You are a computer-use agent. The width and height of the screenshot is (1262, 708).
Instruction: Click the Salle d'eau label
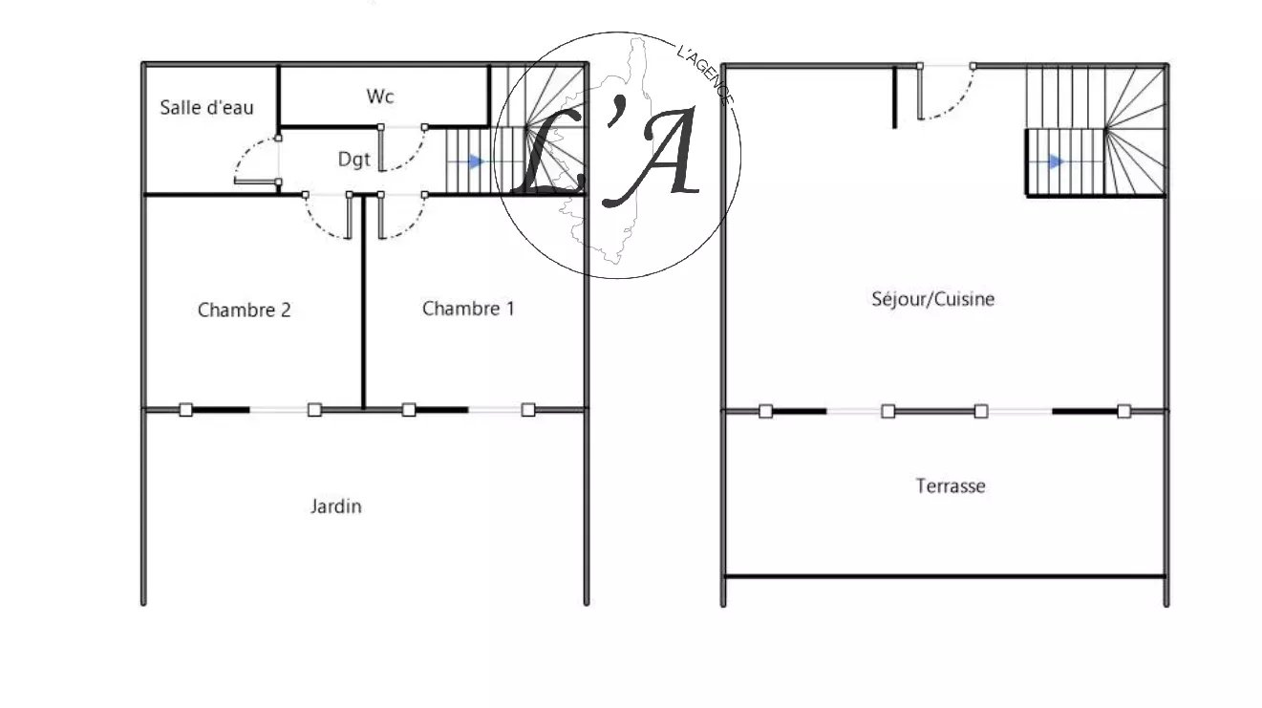pyautogui.click(x=206, y=107)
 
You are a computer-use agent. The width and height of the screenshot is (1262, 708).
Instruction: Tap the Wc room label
pyautogui.click(x=380, y=97)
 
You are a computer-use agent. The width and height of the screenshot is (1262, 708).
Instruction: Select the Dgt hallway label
pyautogui.click(x=353, y=160)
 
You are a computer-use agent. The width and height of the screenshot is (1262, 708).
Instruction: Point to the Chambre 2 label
pyautogui.click(x=244, y=310)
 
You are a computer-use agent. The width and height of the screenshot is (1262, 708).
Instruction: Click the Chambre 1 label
pyautogui.click(x=468, y=308)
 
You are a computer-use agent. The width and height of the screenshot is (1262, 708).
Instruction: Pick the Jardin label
pyautogui.click(x=335, y=506)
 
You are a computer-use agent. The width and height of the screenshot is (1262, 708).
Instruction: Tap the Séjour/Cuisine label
pyautogui.click(x=932, y=299)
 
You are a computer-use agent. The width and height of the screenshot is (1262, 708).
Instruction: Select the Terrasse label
pyautogui.click(x=950, y=485)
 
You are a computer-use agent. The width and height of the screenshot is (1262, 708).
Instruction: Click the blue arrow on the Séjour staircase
pyautogui.click(x=1056, y=162)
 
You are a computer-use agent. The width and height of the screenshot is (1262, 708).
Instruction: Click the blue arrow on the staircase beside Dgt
pyautogui.click(x=477, y=162)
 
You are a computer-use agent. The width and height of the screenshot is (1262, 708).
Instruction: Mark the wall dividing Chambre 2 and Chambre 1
pyautogui.click(x=364, y=315)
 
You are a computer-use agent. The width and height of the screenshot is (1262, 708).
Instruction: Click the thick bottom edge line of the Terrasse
pyautogui.click(x=944, y=576)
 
